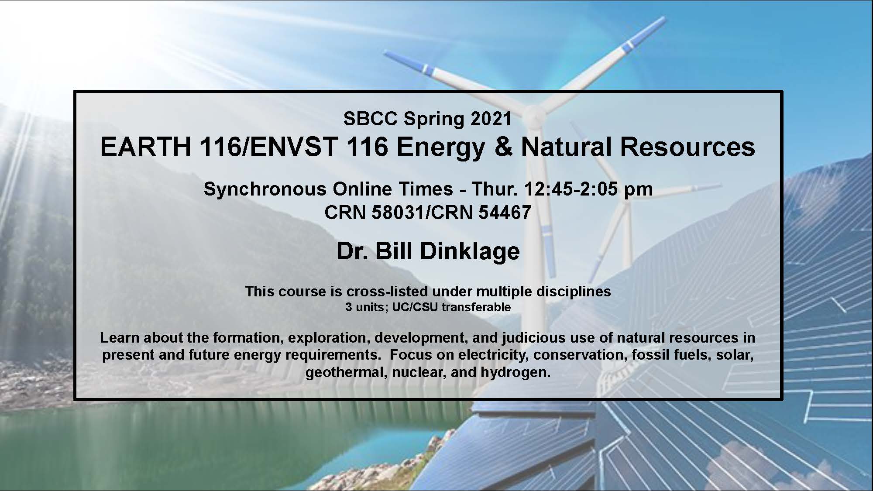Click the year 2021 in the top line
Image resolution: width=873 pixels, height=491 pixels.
[491, 119]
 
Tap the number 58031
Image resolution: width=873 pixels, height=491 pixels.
[398, 212]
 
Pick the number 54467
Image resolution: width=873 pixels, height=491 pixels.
[505, 212]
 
